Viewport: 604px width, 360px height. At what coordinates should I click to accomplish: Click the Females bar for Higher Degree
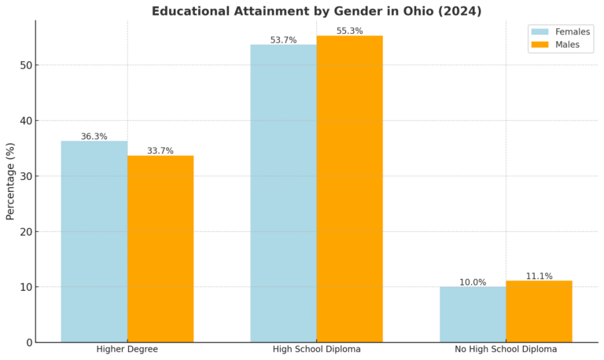(x=94, y=241)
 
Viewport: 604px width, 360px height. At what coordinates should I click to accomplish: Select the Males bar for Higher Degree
(x=160, y=248)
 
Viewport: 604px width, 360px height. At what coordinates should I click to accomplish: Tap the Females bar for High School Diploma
(x=283, y=193)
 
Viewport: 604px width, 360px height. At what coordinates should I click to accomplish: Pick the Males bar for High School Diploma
(x=349, y=189)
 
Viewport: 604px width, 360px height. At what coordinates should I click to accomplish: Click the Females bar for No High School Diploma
(x=473, y=314)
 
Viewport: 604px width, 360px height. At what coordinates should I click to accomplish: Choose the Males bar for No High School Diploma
(x=539, y=311)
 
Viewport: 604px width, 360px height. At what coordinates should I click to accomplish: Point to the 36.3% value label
(x=94, y=137)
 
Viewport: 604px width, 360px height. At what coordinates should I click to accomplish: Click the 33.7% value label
(x=160, y=151)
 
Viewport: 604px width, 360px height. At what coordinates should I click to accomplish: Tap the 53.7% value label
(x=283, y=40)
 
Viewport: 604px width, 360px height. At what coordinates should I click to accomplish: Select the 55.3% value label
(x=349, y=31)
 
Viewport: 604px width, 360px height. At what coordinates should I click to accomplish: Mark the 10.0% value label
(x=473, y=282)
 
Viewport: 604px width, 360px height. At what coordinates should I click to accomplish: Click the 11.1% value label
(x=539, y=276)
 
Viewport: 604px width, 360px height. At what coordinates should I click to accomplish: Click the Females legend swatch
(x=540, y=31)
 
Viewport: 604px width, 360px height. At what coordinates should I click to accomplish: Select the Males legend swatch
(x=540, y=45)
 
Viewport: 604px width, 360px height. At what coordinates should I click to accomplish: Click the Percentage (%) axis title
(x=10, y=181)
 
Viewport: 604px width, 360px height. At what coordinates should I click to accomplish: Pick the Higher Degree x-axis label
(x=127, y=349)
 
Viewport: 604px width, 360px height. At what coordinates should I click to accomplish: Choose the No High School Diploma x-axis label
(x=506, y=349)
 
